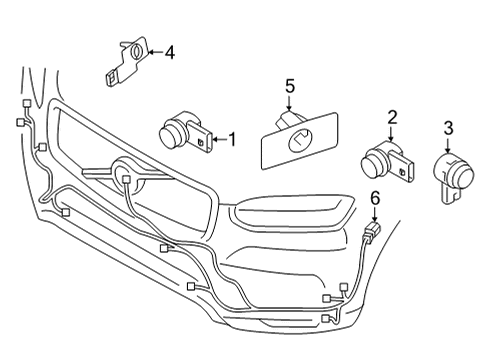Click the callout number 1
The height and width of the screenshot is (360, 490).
(x=232, y=140)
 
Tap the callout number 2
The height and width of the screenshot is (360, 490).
(x=393, y=117)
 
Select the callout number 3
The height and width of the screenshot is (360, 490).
(x=448, y=127)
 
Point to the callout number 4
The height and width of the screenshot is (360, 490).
(x=169, y=52)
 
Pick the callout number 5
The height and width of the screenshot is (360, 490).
(x=290, y=87)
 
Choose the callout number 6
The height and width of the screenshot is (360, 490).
(x=376, y=200)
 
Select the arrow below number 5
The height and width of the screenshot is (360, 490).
(x=290, y=106)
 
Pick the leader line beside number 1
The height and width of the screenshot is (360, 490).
(x=219, y=140)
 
